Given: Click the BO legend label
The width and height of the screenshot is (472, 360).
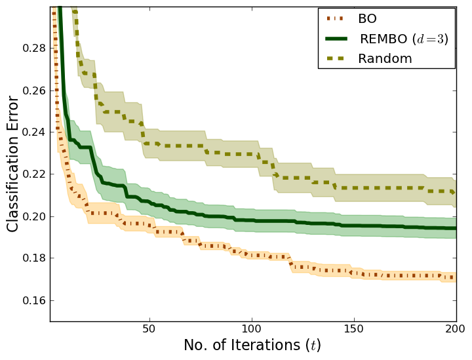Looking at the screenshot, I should tap(368, 20).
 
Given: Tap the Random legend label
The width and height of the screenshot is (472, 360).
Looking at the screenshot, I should tap(385, 58).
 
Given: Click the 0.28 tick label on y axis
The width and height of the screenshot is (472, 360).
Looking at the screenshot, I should tap(33, 49).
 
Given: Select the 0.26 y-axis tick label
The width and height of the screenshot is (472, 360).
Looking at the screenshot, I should tap(33, 90).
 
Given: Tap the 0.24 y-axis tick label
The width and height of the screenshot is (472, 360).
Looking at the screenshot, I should tap(33, 132).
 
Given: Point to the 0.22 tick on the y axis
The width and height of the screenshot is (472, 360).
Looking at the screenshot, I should tap(33, 174).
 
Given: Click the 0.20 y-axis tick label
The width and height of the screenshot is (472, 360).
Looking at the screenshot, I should tap(33, 216).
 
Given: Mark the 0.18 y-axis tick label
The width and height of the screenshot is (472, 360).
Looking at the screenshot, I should tap(33, 258).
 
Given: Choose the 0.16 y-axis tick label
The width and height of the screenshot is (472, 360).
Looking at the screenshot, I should tap(33, 300).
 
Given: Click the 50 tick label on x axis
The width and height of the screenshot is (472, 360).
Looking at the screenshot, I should tap(150, 329).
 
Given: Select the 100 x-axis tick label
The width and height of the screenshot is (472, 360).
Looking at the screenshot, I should tap(252, 329).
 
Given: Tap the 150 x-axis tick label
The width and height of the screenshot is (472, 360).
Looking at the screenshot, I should tap(354, 329).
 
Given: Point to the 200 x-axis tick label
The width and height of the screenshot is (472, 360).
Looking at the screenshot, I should tap(455, 329).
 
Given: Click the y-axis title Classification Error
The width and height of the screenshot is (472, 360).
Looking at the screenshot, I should tap(14, 163).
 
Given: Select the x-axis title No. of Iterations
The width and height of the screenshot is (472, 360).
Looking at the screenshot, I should tap(252, 346).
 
